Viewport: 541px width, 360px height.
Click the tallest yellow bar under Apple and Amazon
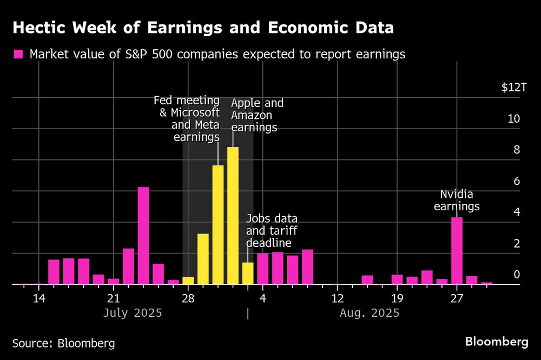tap(233, 216)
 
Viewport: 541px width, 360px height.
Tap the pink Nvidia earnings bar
tap(457, 251)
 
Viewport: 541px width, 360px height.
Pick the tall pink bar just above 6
tap(143, 236)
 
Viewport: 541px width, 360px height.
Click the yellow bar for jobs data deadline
tap(248, 274)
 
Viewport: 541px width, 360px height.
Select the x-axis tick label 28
tap(188, 298)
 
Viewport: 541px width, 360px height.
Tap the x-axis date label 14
tap(38, 298)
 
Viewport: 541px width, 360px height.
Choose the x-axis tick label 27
tap(457, 298)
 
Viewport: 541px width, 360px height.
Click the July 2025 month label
tap(133, 313)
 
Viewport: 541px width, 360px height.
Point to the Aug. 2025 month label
tap(370, 313)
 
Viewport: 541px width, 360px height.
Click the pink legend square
tap(18, 54)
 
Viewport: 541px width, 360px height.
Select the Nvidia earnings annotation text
tap(459, 200)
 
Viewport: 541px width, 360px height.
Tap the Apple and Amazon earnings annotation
tap(257, 116)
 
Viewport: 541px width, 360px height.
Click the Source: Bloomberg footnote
tap(63, 343)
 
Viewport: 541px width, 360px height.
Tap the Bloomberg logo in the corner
tap(497, 342)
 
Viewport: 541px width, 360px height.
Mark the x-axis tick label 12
tap(337, 298)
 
